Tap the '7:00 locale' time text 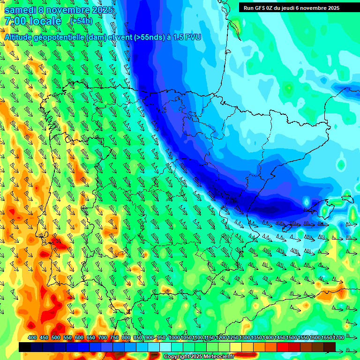click(33, 21)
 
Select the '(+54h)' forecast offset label click(81, 21)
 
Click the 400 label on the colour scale click(32, 338)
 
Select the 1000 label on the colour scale click(174, 338)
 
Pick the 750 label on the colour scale click(114, 338)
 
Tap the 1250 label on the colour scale click(232, 338)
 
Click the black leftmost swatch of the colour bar click(25, 347)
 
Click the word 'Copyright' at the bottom click(176, 357)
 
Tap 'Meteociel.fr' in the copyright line click(219, 357)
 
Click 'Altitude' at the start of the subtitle click(21, 37)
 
